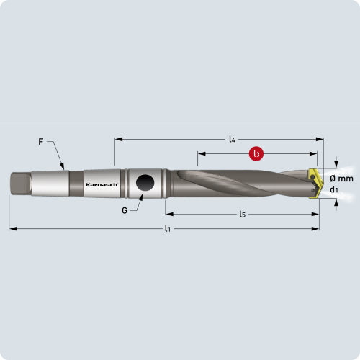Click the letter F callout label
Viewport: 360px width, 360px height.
pyautogui.click(x=41, y=142)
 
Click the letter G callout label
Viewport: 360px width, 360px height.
pyautogui.click(x=125, y=210)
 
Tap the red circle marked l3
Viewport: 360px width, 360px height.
pyautogui.click(x=256, y=153)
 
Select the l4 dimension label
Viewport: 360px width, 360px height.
pyautogui.click(x=232, y=139)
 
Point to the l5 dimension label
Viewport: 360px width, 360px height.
pyautogui.click(x=242, y=214)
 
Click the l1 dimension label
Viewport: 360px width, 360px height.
pyautogui.click(x=168, y=228)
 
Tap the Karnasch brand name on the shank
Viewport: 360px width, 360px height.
pyautogui.click(x=102, y=184)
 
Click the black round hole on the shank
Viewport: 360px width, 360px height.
pyautogui.click(x=145, y=183)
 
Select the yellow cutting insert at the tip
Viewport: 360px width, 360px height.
pyautogui.click(x=315, y=184)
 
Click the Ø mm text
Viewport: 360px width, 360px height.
pyautogui.click(x=341, y=179)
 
